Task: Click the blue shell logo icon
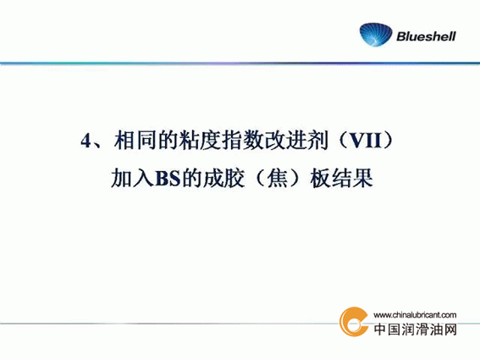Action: tap(376, 35)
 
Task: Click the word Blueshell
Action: tap(426, 36)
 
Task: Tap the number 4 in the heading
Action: tap(86, 141)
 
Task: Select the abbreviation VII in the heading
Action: tap(366, 141)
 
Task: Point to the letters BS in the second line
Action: tap(168, 179)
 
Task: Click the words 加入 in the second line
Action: tap(132, 179)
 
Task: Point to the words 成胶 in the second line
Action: tap(223, 179)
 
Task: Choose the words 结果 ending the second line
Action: tap(352, 179)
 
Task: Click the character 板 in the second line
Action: tap(321, 179)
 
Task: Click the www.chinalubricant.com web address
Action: tap(415, 315)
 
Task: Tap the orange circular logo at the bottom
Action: tap(354, 322)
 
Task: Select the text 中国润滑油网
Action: tap(416, 330)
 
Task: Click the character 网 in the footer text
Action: tap(450, 330)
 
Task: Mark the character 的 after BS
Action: tap(191, 179)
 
